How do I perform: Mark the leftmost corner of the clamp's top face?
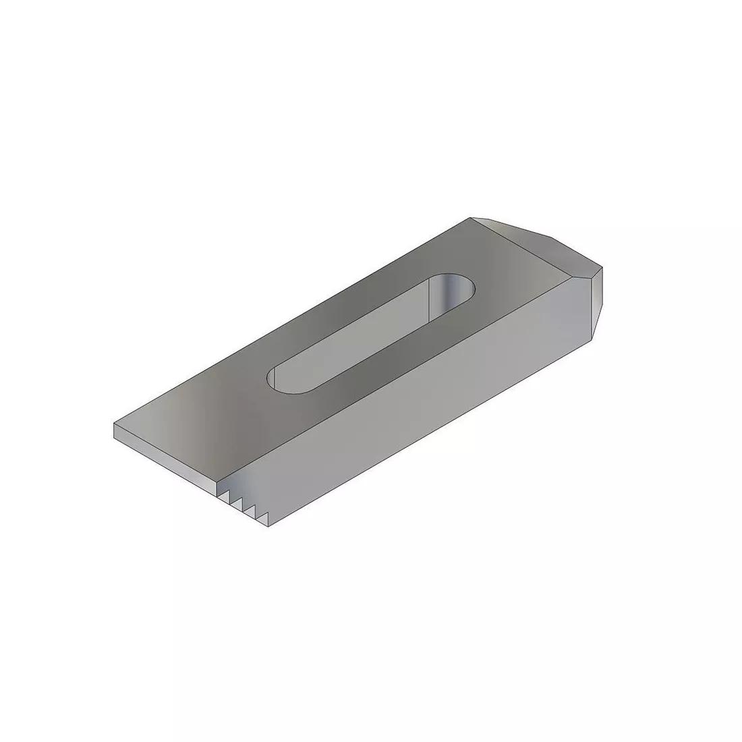pos(114,425)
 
